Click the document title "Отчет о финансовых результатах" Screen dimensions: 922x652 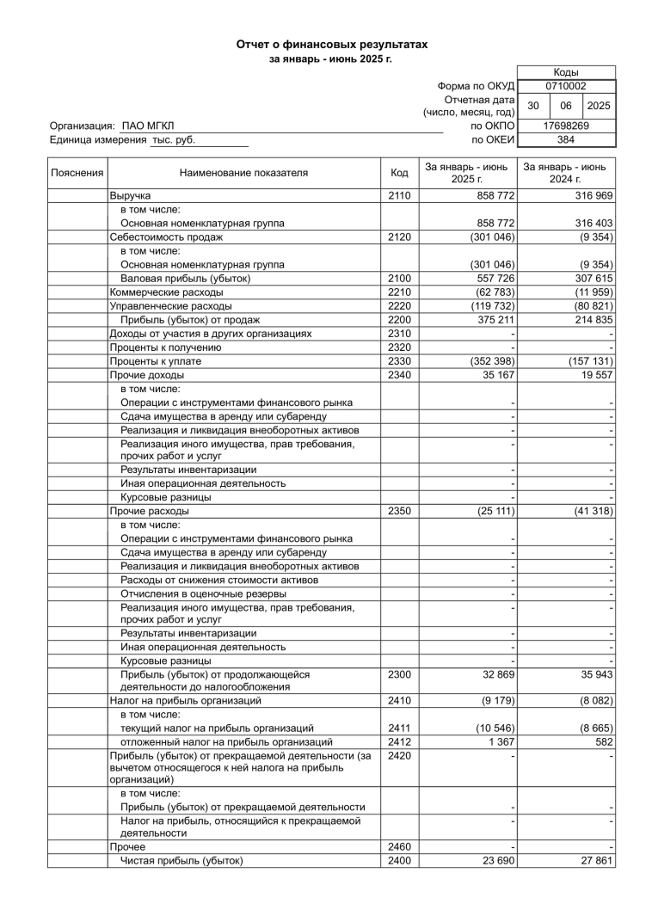point(332,44)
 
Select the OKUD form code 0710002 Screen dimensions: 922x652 point(566,86)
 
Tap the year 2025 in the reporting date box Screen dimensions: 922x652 point(598,106)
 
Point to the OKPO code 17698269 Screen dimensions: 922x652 point(566,126)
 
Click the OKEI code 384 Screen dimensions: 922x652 point(566,139)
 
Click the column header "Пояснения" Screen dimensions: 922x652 point(77,173)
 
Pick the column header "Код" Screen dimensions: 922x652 point(398,173)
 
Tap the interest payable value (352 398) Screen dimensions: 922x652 point(491,361)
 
